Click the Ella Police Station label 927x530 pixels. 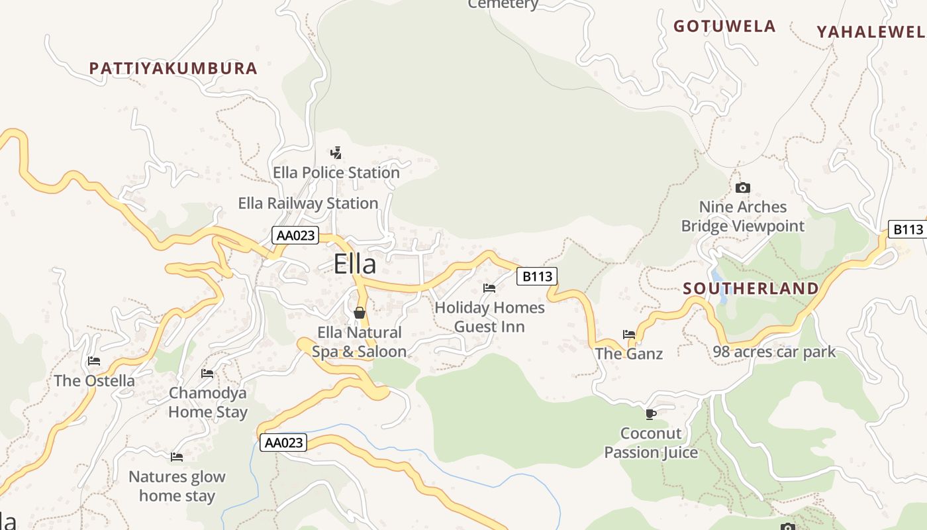(336, 173)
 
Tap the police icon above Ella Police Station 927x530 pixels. (336, 153)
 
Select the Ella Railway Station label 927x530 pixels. (308, 203)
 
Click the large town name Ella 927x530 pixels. (355, 264)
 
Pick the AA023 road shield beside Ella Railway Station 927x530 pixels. (295, 235)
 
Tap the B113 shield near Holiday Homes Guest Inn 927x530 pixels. (537, 276)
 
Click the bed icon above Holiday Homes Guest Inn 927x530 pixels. (489, 288)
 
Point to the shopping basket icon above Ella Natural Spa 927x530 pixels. (360, 312)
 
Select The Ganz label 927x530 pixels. (628, 354)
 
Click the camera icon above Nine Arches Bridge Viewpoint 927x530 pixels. (743, 187)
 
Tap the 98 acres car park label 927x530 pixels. (774, 352)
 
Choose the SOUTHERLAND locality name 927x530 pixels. (751, 289)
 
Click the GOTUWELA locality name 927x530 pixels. (724, 26)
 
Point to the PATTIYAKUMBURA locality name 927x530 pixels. (173, 68)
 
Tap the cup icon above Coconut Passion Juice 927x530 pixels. (651, 414)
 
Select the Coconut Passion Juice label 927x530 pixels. (651, 443)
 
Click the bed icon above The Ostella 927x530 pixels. (94, 361)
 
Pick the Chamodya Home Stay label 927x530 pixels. (208, 402)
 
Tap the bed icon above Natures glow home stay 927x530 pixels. (177, 457)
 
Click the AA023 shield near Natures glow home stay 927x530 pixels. (283, 443)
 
